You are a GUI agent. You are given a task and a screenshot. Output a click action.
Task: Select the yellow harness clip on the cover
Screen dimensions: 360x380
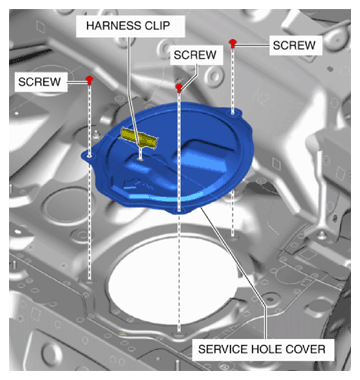(139, 138)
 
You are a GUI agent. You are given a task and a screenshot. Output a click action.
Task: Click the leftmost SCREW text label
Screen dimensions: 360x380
(40, 82)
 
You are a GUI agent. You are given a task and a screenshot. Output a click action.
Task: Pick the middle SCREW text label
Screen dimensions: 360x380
(195, 55)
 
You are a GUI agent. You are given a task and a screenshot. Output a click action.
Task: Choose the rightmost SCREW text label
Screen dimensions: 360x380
(294, 45)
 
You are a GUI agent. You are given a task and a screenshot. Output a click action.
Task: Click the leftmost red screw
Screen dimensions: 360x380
(89, 79)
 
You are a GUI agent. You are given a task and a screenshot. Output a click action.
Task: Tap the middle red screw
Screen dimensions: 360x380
(179, 88)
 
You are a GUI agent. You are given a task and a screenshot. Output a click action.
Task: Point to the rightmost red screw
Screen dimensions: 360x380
(233, 43)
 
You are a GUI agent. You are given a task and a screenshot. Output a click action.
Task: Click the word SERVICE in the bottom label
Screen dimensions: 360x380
(218, 349)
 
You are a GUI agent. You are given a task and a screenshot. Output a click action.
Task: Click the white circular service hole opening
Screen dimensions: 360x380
(173, 281)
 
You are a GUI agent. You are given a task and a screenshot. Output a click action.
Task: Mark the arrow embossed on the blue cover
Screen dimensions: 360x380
(132, 183)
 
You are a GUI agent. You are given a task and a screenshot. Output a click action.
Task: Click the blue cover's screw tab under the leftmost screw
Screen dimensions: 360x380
(89, 156)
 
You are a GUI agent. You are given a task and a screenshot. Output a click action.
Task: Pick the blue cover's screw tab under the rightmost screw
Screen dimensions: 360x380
(233, 113)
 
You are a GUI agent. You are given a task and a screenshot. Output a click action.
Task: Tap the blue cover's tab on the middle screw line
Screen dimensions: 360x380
(179, 210)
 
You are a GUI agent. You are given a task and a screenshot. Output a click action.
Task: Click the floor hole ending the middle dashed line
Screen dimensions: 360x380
(179, 333)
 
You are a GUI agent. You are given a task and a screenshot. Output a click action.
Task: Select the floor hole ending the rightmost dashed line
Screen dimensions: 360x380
(233, 237)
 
